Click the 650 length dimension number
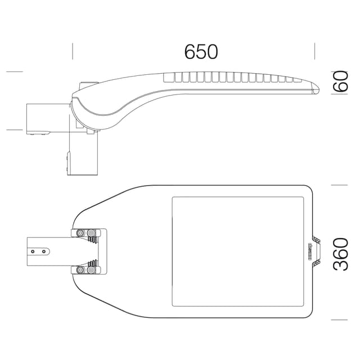point(201,51)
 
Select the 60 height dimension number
point(340,81)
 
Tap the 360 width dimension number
point(340,254)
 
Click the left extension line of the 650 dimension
point(73,51)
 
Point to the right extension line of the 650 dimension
point(314,51)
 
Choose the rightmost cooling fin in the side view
point(297,80)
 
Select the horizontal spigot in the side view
point(48,119)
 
